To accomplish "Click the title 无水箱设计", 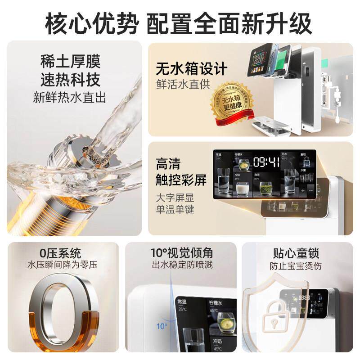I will coord(192,68).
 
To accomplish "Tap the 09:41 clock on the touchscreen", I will coord(266,162).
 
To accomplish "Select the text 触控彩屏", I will coord(181,180).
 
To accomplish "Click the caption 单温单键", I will coord(175,209).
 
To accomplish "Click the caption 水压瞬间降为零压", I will coord(62,265).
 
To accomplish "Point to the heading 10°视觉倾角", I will coord(181,252).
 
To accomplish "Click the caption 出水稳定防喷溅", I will coord(181,265).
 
